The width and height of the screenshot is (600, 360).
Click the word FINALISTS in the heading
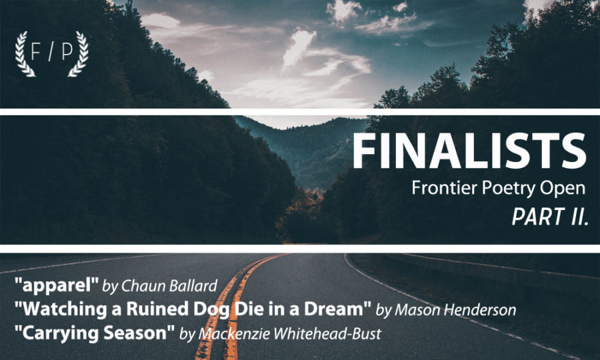click(x=469, y=151)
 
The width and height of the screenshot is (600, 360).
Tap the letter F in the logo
click(x=35, y=51)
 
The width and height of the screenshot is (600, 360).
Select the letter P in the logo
click(x=67, y=51)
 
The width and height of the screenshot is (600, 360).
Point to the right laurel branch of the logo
click(x=79, y=54)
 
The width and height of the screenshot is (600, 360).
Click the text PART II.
click(x=550, y=217)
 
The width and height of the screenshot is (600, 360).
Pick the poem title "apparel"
click(x=57, y=285)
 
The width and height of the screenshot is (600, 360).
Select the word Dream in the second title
click(x=338, y=309)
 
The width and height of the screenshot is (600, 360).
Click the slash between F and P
click(x=51, y=51)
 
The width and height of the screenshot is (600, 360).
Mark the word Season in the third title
click(x=139, y=333)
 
